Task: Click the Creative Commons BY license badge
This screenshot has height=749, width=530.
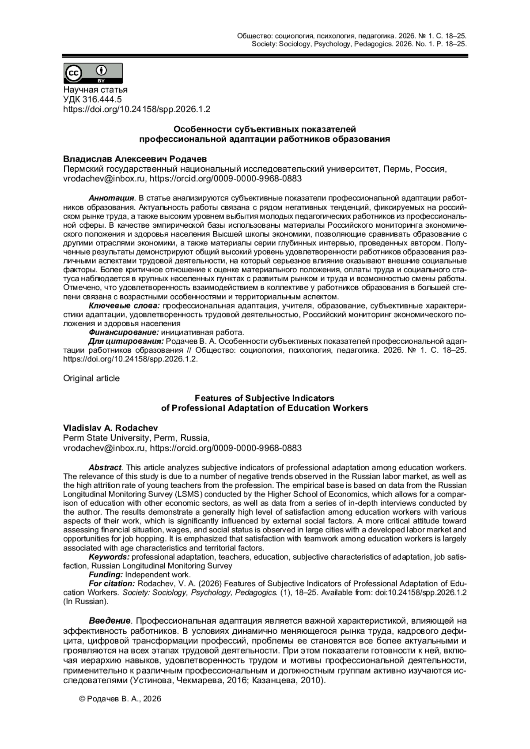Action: [93, 73]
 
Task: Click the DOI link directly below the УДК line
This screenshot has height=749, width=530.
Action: [137, 109]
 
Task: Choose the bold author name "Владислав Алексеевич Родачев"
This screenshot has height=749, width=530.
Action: [135, 158]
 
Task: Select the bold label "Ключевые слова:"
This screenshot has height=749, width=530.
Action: [124, 305]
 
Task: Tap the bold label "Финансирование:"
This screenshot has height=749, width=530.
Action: [124, 332]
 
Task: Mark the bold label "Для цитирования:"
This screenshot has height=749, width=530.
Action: [126, 342]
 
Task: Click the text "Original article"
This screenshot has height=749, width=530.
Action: [91, 378]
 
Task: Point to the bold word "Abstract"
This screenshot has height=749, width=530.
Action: [105, 467]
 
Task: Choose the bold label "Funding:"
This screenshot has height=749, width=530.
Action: [106, 575]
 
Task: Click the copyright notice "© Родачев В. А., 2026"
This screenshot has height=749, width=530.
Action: [120, 699]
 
